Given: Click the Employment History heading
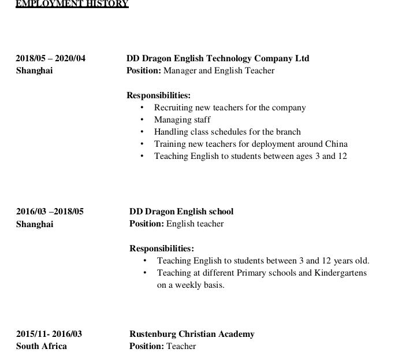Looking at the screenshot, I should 72,4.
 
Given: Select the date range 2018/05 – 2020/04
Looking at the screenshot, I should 50,58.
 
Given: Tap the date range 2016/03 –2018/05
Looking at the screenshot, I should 50,211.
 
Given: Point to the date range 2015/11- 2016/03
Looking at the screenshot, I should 49,334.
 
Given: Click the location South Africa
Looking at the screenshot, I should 42,346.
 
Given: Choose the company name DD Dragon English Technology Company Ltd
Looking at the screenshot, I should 218,58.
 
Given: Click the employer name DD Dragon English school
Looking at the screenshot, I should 181,211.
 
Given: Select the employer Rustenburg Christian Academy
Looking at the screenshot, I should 192,334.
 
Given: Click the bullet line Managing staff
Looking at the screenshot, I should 182,120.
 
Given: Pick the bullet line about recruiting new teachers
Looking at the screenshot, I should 230,107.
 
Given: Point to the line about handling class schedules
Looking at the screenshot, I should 227,132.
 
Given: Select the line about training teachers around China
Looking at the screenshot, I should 251,144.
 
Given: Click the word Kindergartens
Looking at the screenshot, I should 340,273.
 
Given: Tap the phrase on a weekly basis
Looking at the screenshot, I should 191,285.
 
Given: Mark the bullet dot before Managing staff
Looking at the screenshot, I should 142,120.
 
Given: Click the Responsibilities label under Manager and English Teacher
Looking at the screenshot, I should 158,95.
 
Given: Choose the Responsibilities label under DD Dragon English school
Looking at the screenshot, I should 161,248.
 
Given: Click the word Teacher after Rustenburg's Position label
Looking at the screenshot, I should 181,346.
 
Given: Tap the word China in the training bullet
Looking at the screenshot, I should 336,144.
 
